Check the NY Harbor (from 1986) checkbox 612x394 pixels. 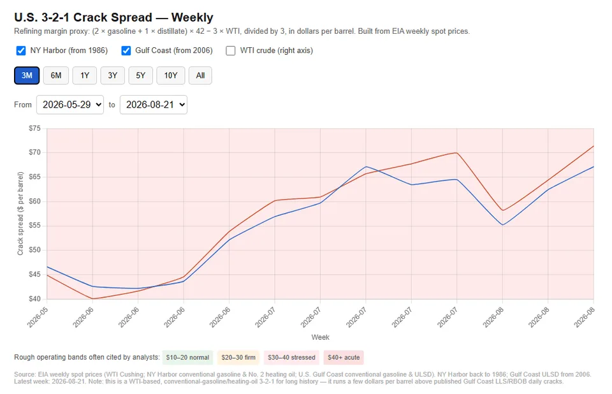20,51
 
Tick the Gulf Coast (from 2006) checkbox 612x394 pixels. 126,51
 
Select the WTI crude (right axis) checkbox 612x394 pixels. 231,51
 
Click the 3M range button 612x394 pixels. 27,75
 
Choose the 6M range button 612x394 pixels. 56,75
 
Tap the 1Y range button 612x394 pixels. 85,75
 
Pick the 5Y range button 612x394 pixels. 140,75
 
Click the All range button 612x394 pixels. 200,75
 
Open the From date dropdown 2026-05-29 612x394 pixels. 70,105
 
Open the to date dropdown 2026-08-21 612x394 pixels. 154,105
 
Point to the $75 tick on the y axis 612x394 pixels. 34,128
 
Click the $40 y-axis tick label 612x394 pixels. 34,299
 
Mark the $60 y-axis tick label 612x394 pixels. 34,201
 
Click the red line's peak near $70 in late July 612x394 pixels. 456,152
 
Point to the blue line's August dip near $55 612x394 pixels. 503,225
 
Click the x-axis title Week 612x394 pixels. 320,337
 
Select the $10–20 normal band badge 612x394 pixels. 187,357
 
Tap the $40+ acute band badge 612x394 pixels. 344,357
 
